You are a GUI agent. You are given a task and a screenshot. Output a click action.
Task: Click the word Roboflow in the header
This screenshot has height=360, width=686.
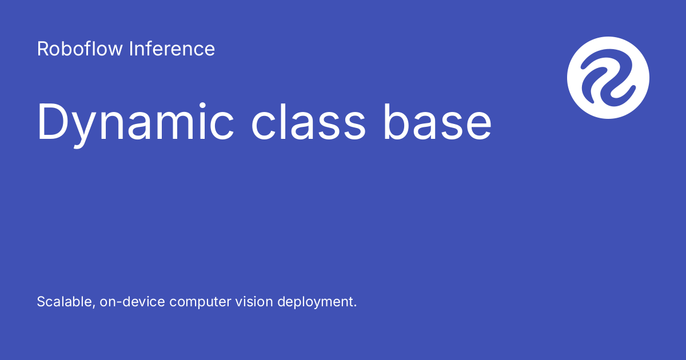(80, 49)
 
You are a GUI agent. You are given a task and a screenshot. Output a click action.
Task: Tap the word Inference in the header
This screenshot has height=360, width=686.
(171, 49)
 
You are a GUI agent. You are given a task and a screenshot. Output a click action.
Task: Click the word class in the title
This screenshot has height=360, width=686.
(309, 122)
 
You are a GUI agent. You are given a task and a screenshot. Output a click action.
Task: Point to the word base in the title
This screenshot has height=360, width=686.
(437, 122)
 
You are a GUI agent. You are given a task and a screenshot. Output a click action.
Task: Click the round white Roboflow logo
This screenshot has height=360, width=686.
(608, 78)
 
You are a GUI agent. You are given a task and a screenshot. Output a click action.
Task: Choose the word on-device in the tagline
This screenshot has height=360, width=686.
(132, 302)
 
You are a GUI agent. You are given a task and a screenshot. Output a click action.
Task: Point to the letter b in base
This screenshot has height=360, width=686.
(394, 121)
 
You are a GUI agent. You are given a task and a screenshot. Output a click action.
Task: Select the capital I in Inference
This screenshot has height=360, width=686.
(131, 49)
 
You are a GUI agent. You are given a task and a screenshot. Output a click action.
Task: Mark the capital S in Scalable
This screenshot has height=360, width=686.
(41, 302)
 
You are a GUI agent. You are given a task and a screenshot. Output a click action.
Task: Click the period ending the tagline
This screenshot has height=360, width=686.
(354, 306)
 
